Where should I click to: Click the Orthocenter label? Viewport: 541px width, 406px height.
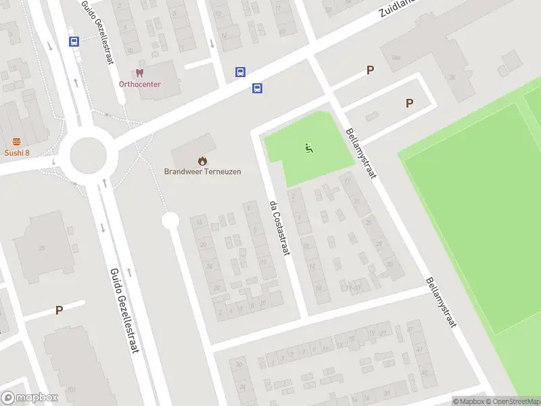click(x=140, y=84)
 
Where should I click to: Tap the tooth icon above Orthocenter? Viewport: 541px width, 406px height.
click(x=140, y=72)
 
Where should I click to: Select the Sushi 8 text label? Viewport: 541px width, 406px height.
click(x=17, y=152)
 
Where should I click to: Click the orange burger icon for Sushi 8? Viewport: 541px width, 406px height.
click(x=17, y=141)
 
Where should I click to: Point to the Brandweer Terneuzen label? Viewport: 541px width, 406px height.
click(x=202, y=171)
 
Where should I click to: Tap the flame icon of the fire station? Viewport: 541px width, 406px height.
click(x=202, y=160)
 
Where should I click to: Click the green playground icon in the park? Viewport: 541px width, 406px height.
click(x=309, y=148)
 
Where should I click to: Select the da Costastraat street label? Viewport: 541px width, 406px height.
click(x=279, y=229)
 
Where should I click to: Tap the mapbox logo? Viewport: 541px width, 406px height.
click(x=30, y=398)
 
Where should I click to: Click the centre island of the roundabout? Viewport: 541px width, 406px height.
click(x=87, y=156)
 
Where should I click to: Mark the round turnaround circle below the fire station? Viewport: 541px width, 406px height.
click(x=170, y=220)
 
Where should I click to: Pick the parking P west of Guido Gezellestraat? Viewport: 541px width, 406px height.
click(x=59, y=310)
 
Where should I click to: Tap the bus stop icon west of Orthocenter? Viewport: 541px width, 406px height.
click(x=74, y=41)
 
